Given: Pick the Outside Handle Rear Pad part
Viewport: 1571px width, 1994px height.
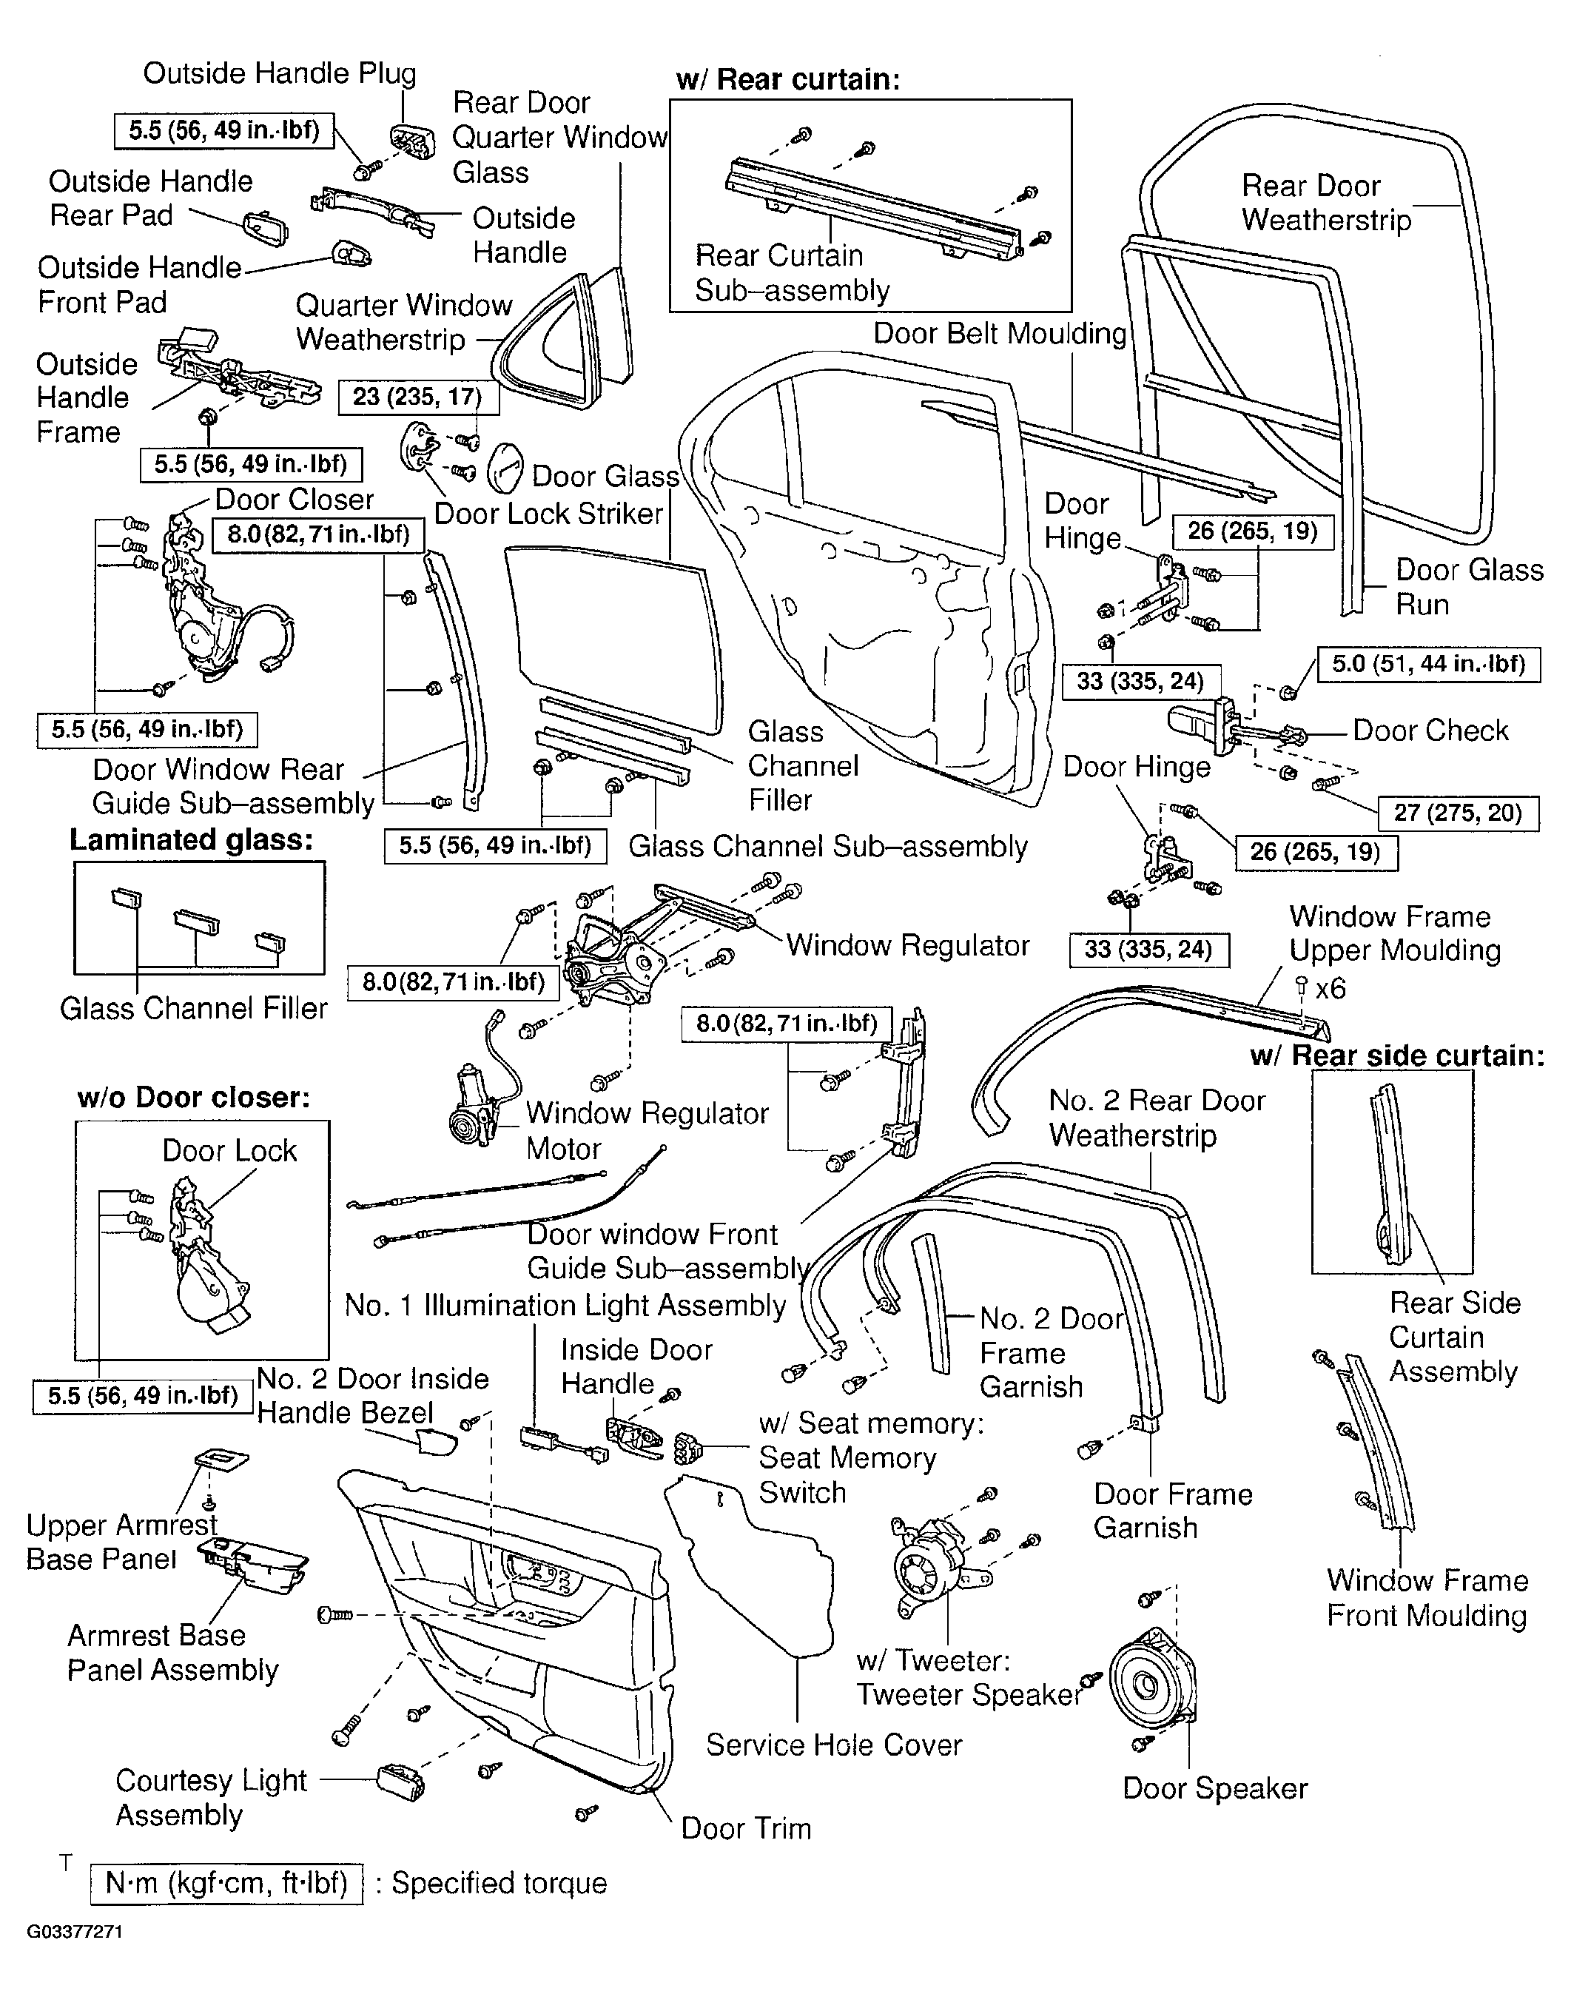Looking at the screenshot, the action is click(266, 229).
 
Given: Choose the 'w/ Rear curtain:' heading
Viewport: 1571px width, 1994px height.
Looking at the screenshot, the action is click(787, 79).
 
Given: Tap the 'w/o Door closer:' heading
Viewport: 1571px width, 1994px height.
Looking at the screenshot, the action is click(193, 1097).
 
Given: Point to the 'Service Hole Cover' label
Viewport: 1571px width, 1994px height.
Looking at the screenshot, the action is click(834, 1745).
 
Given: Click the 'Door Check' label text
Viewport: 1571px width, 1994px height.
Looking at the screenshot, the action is click(1431, 731).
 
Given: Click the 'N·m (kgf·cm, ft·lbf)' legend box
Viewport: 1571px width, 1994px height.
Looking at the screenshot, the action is click(226, 1883).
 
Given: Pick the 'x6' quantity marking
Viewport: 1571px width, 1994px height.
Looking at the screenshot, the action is click(1330, 989).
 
